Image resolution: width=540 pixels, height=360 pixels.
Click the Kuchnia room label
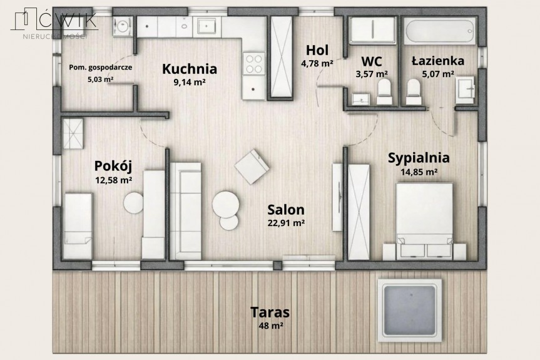[x=190, y=68]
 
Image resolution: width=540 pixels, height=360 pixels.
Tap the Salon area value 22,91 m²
[x=286, y=223]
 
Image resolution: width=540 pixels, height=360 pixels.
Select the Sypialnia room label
[x=419, y=158]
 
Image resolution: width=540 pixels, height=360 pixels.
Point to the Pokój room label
[x=113, y=167]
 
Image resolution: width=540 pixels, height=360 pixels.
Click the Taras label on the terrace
[x=270, y=312]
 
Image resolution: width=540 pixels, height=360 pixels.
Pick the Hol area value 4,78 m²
[x=317, y=63]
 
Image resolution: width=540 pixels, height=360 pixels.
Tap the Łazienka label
[x=438, y=61]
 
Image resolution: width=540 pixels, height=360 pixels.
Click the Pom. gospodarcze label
[x=100, y=67]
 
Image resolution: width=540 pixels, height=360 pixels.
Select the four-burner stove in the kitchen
[x=254, y=63]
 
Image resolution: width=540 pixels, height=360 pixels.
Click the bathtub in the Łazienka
[x=439, y=31]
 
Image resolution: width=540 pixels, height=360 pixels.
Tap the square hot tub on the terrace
[x=409, y=310]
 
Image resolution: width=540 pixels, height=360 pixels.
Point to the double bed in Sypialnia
[x=424, y=221]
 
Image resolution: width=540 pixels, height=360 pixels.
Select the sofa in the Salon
[x=186, y=211]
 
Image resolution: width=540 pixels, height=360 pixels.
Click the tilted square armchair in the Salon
[x=252, y=167]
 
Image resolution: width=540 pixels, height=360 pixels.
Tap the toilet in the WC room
[x=384, y=91]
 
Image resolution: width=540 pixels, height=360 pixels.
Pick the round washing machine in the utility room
[x=122, y=26]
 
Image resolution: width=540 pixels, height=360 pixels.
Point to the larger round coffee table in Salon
[x=226, y=204]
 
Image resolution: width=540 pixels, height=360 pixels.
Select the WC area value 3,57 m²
[x=372, y=74]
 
